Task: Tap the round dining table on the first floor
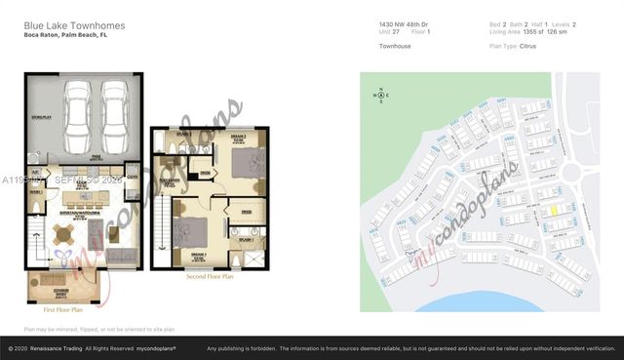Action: (x=63, y=234)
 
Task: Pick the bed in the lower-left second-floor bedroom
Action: (x=190, y=236)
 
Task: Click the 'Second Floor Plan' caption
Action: (x=211, y=276)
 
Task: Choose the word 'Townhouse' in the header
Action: (x=395, y=45)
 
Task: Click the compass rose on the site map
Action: (x=381, y=96)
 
